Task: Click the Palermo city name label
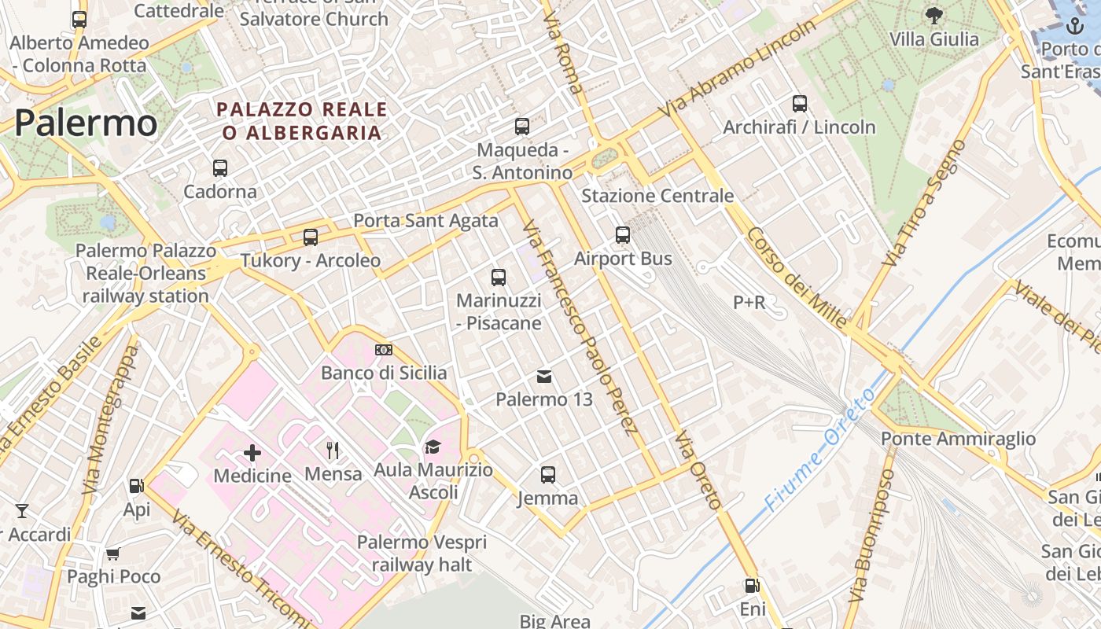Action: [x=86, y=123]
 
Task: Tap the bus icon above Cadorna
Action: [x=220, y=167]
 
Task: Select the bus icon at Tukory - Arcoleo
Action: [x=311, y=237]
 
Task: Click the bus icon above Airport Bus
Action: [x=623, y=234]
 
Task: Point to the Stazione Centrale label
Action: [x=657, y=196]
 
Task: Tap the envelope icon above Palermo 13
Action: [x=544, y=377]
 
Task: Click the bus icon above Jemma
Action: [x=548, y=474]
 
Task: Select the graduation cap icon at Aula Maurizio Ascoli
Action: [x=433, y=447]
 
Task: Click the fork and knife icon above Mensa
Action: [x=333, y=450]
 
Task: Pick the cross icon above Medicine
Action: [x=252, y=452]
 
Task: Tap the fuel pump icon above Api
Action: [x=136, y=487]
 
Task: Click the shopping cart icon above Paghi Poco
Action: [x=113, y=554]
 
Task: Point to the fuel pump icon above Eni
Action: [x=752, y=586]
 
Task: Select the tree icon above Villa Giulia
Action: [x=934, y=15]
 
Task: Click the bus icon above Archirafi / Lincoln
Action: [x=800, y=103]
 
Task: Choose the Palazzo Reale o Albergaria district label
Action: [x=303, y=121]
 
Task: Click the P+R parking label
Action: [x=749, y=302]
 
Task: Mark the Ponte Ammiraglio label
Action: [x=958, y=439]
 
